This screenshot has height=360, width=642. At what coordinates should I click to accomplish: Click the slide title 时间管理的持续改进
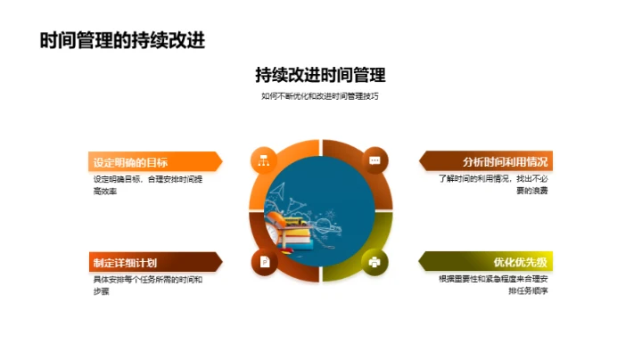117,40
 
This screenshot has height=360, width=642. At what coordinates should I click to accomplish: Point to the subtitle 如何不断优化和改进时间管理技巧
320,96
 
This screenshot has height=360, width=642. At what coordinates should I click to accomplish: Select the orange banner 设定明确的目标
147,161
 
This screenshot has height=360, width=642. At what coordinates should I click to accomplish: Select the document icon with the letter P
264,261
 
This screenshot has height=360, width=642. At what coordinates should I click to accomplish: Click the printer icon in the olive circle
375,261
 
